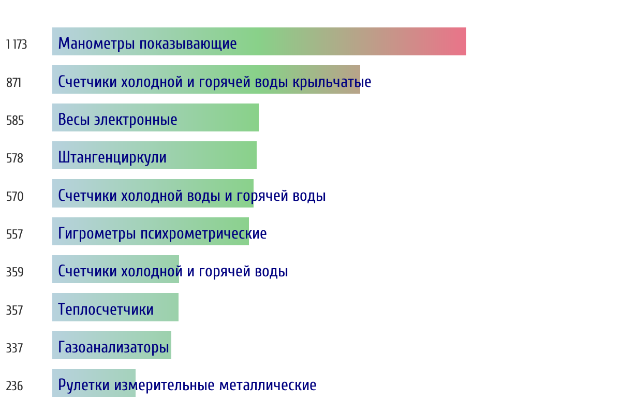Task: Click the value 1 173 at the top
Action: tap(17, 45)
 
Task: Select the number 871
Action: tap(13, 83)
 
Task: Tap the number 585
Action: tap(15, 121)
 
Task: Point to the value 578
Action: tap(14, 158)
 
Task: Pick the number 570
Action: tap(14, 196)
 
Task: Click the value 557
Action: tap(14, 234)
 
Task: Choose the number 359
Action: tap(14, 272)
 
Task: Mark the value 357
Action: tap(14, 310)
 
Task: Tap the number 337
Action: tap(14, 348)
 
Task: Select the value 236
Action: tap(14, 386)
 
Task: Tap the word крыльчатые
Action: tap(332, 82)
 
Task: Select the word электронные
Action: tap(136, 120)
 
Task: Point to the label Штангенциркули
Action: tap(112, 158)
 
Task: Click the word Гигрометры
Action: tap(97, 234)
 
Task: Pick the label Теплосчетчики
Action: tap(106, 309)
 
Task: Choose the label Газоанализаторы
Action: tap(114, 347)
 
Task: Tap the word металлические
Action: tap(268, 385)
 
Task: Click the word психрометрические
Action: tap(203, 234)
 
